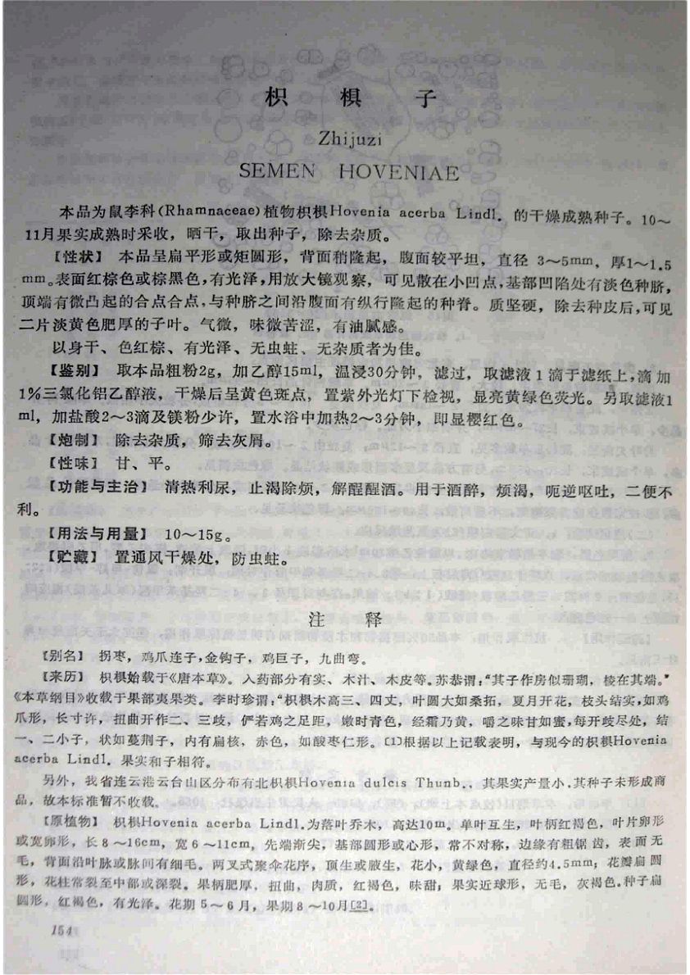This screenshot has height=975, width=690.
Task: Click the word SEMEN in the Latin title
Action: pyautogui.click(x=279, y=173)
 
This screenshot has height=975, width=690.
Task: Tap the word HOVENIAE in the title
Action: pyautogui.click(x=400, y=173)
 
